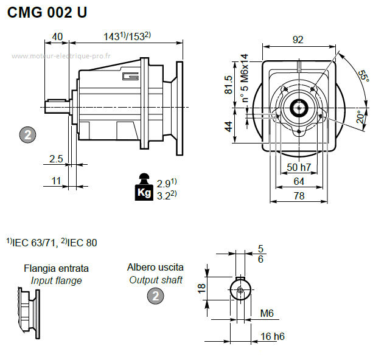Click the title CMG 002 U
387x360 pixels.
[x=47, y=12]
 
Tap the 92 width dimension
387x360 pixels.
[x=298, y=40]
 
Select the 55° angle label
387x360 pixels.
[x=363, y=76]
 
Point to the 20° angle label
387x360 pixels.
[x=361, y=117]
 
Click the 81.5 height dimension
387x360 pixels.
[x=228, y=85]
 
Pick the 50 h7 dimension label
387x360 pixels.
[x=299, y=167]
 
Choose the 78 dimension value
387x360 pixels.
[x=299, y=196]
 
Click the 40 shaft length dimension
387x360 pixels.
[x=57, y=36]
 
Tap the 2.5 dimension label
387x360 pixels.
[x=56, y=159]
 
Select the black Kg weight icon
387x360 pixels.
[x=144, y=187]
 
